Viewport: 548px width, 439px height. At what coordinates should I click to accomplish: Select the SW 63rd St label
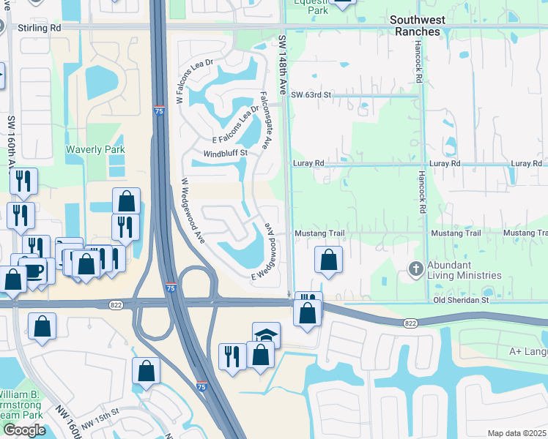point(311,95)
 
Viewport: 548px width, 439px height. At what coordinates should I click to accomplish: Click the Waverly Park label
point(95,149)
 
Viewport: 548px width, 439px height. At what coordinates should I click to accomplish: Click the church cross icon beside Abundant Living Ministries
point(416,268)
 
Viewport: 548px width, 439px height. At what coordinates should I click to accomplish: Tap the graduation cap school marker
point(266,334)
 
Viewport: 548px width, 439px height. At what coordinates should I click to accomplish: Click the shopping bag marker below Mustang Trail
point(329,260)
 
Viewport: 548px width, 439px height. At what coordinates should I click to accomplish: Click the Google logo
point(24,430)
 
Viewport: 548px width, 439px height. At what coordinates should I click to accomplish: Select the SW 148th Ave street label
point(282,66)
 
